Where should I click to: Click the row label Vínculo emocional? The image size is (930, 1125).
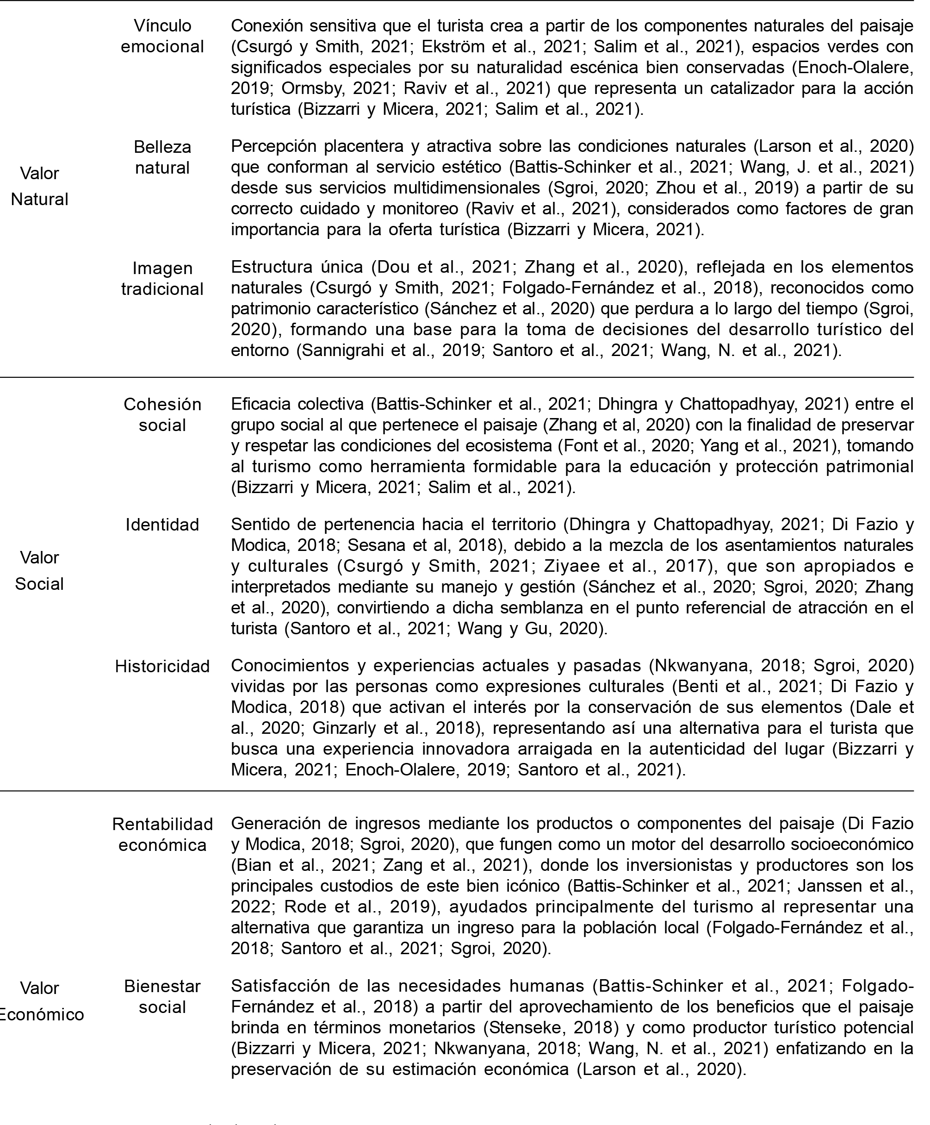pos(162,36)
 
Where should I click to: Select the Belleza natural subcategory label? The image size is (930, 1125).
pos(162,157)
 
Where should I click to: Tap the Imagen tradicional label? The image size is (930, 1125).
pos(162,278)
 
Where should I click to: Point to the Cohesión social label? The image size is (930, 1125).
pos(162,414)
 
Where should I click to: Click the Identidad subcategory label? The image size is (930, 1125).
pos(162,525)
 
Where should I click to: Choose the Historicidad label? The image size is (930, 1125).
pos(162,666)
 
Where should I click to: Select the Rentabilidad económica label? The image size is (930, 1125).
pos(162,834)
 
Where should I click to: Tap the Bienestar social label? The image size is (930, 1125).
pos(162,996)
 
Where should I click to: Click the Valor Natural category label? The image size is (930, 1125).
pos(40,186)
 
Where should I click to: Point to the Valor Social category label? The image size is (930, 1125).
pos(40,570)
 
